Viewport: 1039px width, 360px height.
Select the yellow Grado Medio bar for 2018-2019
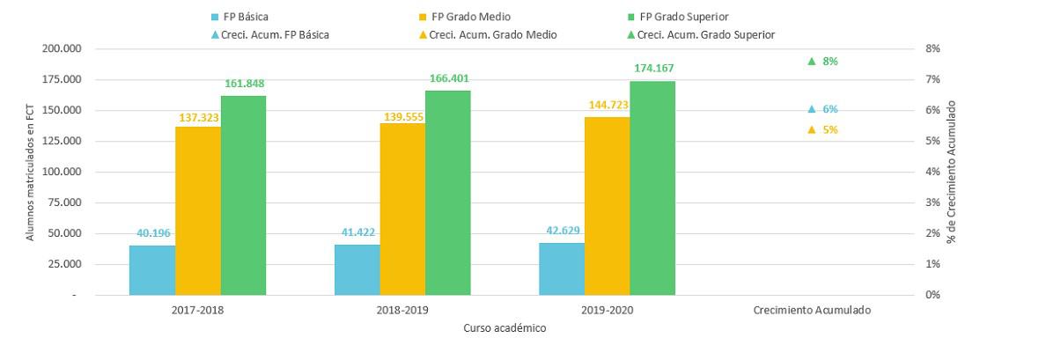[x=402, y=209]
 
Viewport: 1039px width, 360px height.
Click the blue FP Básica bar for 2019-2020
[x=562, y=268]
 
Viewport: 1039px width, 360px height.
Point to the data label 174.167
[x=653, y=68]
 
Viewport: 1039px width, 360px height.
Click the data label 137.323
[x=198, y=116]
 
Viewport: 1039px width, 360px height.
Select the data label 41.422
[x=358, y=232]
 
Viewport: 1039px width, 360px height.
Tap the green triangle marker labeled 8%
[x=812, y=62]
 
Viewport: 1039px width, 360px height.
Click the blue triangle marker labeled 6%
[x=812, y=109]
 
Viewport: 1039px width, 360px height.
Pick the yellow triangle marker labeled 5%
[x=812, y=130]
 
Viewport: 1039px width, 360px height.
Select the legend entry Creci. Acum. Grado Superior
[x=701, y=35]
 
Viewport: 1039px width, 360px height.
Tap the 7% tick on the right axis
[x=933, y=79]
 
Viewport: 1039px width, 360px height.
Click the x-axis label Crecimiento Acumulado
[x=812, y=311]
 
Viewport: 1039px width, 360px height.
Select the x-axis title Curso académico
[x=505, y=328]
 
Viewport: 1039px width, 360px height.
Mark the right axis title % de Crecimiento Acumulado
[x=952, y=172]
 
